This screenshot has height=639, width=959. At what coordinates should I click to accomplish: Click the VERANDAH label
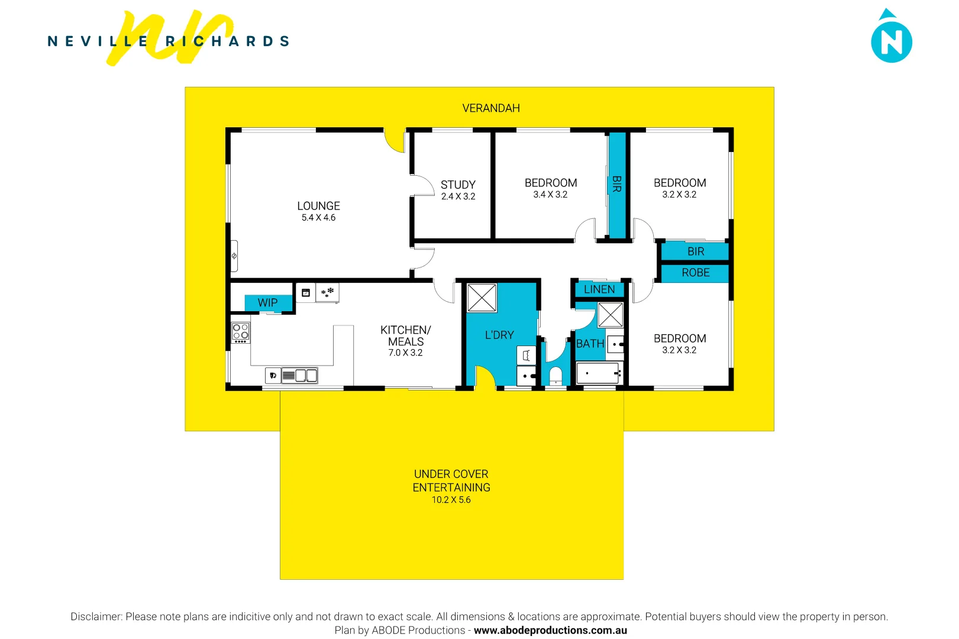point(490,108)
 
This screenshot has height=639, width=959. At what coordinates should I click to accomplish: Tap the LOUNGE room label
point(318,206)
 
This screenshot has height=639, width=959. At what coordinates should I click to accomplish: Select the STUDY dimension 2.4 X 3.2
point(458,196)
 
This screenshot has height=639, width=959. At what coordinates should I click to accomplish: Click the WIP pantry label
point(267,302)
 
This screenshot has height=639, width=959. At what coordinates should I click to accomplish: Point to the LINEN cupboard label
point(599,289)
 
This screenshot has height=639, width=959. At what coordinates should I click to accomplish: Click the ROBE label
point(695,273)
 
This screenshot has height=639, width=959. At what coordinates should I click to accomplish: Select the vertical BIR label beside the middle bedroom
point(616,184)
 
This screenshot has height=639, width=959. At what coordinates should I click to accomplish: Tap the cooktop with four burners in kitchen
point(241,332)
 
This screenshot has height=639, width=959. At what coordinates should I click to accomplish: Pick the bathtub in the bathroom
point(599,373)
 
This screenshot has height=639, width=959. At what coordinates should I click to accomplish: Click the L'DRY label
point(499,335)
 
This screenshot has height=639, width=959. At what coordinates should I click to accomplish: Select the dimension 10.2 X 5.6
point(451,500)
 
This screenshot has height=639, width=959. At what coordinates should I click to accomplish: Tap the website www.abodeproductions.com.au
point(550,630)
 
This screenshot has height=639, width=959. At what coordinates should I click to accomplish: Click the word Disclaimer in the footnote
point(96,617)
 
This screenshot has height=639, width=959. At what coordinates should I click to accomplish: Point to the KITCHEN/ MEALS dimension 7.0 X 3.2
point(405,353)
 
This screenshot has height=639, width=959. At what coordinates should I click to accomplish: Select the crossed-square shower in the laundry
point(482,298)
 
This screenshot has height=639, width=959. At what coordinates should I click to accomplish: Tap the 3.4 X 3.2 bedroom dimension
point(550,195)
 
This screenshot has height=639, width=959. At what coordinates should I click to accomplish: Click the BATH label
point(590,344)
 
